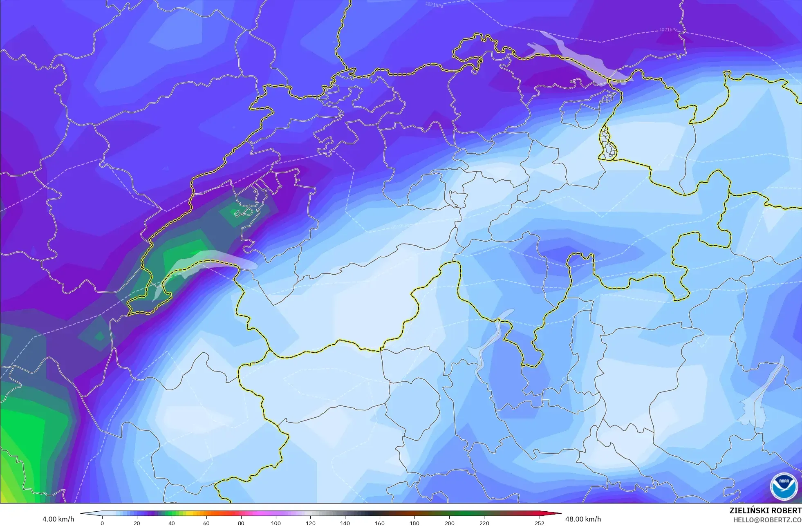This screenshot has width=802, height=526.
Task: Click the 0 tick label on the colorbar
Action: click(x=102, y=523)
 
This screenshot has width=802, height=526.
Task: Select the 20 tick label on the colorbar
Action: click(x=137, y=523)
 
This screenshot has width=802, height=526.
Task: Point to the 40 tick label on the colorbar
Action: click(x=172, y=523)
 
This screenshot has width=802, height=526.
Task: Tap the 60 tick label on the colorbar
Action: click(x=206, y=523)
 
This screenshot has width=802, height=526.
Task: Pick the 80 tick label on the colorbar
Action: click(x=241, y=523)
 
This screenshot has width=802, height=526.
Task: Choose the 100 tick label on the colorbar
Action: click(x=276, y=523)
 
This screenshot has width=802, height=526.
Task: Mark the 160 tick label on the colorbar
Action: click(x=380, y=523)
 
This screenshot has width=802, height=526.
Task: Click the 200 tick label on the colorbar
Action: click(x=449, y=523)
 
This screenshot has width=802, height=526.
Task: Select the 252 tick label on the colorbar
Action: click(x=540, y=523)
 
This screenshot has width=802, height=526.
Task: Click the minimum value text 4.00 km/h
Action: click(x=58, y=519)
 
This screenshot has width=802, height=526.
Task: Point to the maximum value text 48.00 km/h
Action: click(x=583, y=519)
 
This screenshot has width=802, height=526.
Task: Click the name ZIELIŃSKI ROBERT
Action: click(x=765, y=510)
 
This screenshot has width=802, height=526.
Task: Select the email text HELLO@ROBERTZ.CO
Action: click(x=767, y=520)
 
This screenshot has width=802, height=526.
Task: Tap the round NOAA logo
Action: click(x=784, y=487)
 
